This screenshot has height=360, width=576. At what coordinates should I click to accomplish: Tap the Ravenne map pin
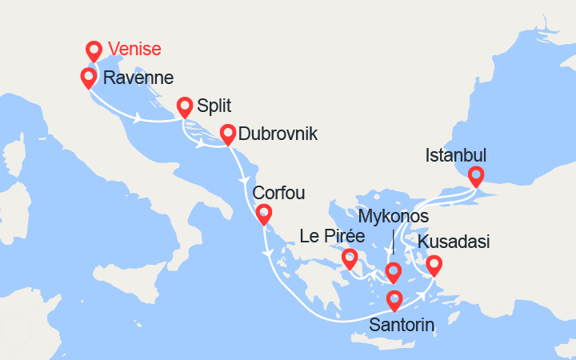89,78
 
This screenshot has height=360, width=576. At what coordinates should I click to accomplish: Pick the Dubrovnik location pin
227,134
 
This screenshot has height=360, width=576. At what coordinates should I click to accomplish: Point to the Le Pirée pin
349,258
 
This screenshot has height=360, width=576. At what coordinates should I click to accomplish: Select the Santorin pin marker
394,300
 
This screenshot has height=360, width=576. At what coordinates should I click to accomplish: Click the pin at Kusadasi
434,263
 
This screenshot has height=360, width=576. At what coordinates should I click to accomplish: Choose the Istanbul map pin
476,176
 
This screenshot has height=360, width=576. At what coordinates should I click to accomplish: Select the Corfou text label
278,194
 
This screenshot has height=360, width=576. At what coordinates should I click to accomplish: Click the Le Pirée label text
332,237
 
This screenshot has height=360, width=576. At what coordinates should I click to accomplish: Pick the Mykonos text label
394,217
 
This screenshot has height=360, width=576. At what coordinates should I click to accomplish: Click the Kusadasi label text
454,242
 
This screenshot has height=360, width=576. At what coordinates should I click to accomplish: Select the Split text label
212,105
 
